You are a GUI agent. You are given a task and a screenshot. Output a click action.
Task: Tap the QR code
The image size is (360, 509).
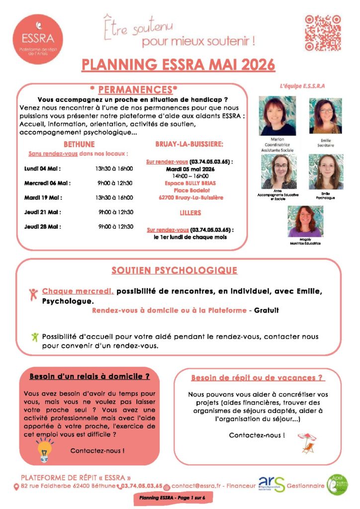click(323, 33)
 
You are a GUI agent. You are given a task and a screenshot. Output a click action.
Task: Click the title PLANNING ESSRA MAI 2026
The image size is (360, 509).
click(179, 65)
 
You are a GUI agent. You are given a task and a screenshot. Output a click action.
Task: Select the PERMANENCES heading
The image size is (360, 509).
click(135, 90)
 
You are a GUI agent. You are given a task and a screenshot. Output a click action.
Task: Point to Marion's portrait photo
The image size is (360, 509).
click(277, 116)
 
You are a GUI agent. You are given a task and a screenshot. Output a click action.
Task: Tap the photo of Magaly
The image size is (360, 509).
click(305, 221)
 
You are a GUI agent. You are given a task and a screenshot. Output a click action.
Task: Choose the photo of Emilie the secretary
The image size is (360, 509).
click(326, 116)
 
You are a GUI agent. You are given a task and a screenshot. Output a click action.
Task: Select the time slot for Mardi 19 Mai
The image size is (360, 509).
click(114, 197)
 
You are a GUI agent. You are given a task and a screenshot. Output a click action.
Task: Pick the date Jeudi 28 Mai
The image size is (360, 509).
click(44, 226)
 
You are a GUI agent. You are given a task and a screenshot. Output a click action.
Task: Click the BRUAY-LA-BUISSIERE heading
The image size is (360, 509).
click(189, 144)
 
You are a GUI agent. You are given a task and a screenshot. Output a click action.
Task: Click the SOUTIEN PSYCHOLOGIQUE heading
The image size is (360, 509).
click(174, 270)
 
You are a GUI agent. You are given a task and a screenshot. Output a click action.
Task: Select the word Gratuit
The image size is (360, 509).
click(267, 310)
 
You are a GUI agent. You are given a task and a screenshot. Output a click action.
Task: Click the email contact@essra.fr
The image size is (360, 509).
click(195, 486)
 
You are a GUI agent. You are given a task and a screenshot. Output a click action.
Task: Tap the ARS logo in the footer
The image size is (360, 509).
click(271, 484)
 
